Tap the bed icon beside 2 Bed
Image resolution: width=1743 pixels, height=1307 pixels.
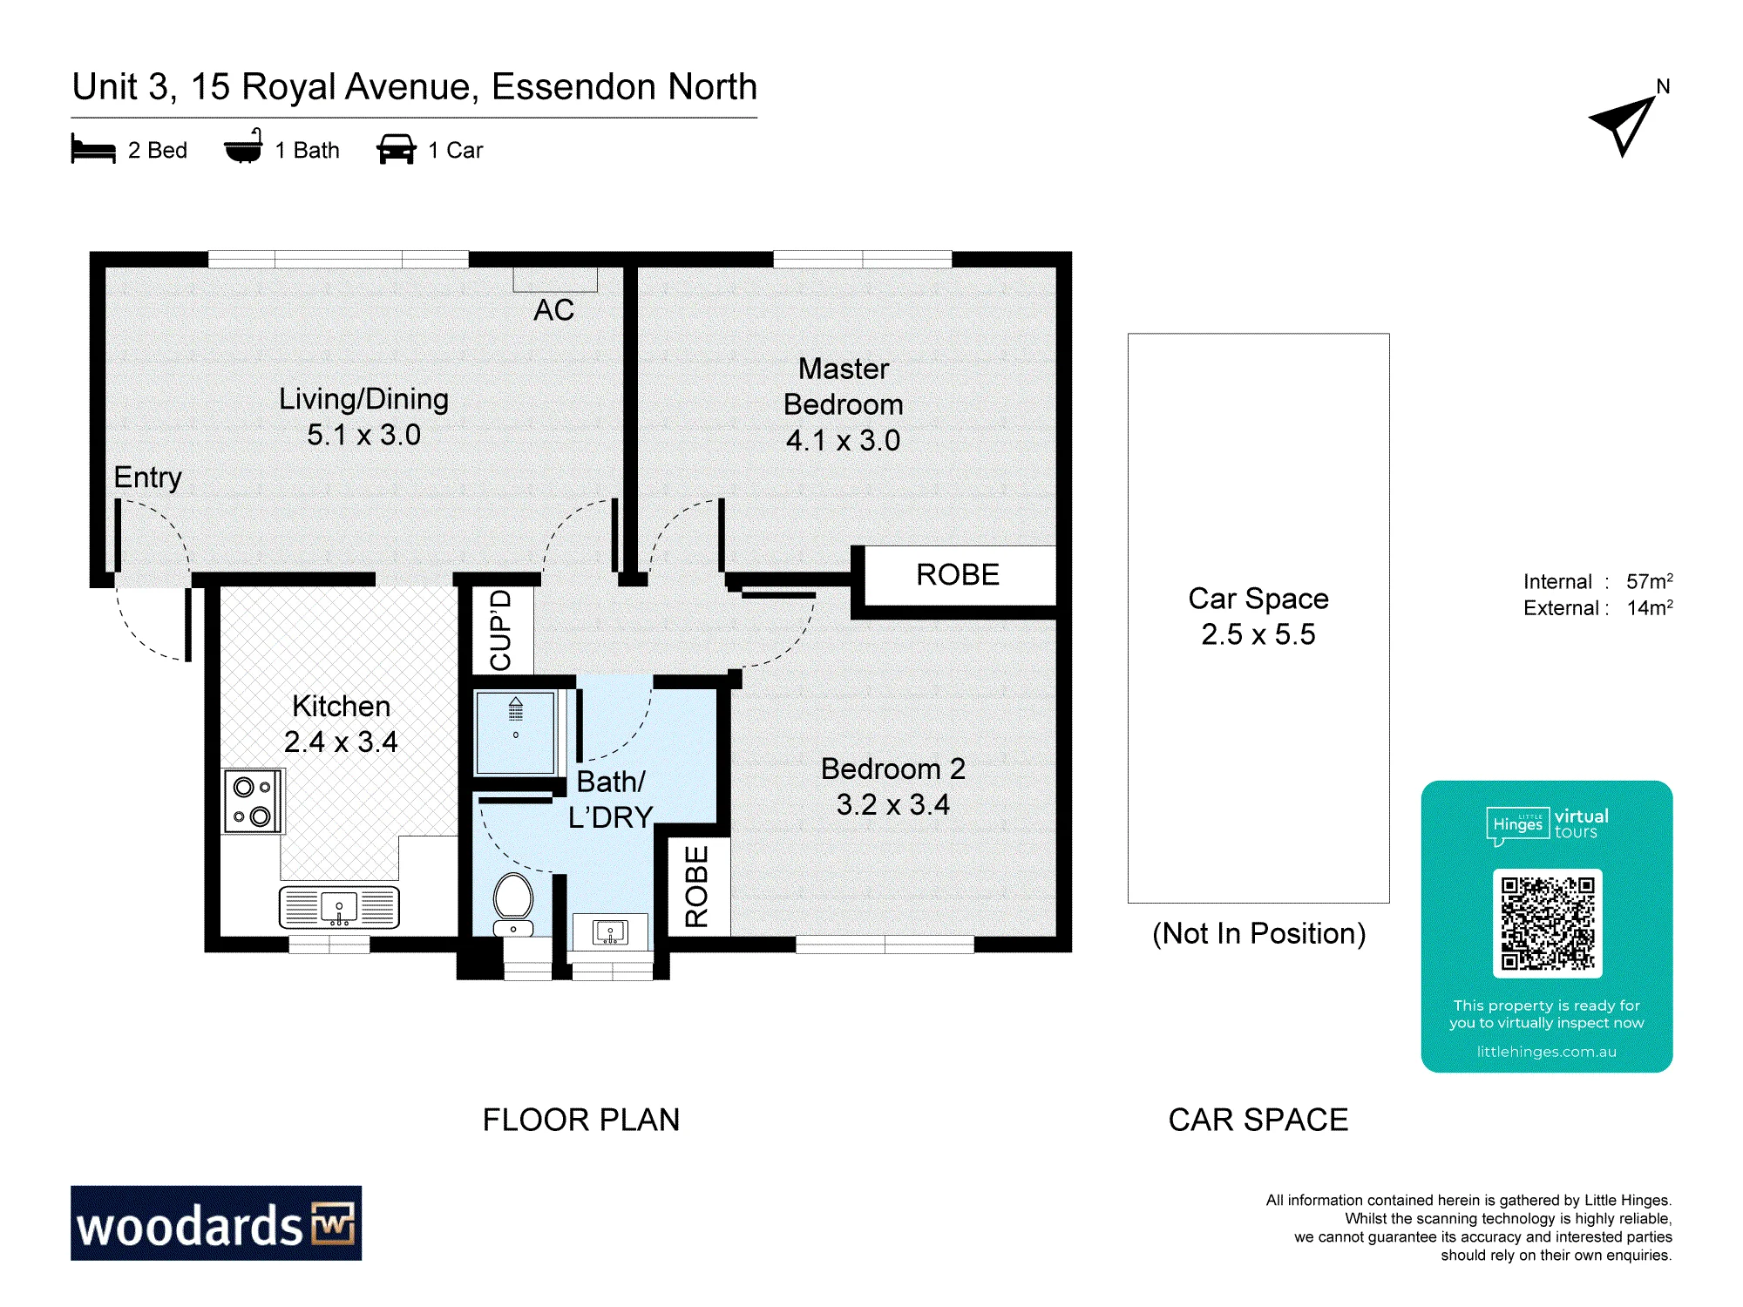(x=93, y=149)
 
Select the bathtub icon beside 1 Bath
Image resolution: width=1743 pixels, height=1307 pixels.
(x=243, y=146)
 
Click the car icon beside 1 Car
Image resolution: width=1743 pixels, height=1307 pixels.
(x=396, y=149)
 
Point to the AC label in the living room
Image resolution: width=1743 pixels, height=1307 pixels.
(x=554, y=309)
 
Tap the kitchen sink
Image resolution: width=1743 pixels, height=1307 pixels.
(x=339, y=907)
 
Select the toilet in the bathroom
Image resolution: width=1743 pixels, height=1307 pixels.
(x=513, y=904)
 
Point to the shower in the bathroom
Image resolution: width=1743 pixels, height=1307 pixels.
(x=515, y=733)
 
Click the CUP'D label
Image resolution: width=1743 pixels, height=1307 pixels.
(x=501, y=630)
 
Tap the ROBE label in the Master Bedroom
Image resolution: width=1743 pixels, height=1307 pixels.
(x=958, y=575)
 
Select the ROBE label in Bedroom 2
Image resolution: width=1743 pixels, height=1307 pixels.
(x=696, y=886)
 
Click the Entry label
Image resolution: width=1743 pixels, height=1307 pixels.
(x=148, y=477)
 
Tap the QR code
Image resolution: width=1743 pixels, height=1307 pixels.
(x=1547, y=923)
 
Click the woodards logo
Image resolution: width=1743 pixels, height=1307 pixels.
(x=216, y=1222)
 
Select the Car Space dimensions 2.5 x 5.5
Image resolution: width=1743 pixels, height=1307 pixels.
(x=1258, y=634)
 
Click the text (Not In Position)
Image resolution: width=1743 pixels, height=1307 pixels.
(x=1258, y=933)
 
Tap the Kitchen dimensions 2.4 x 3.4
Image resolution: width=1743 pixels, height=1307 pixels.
(x=341, y=742)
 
